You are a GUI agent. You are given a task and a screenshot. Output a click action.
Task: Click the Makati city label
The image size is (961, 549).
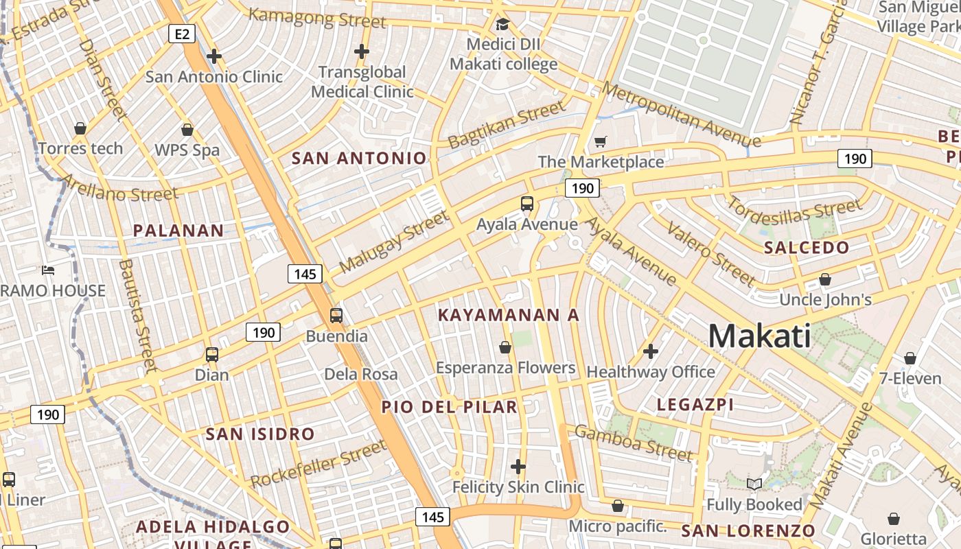pos(759,336)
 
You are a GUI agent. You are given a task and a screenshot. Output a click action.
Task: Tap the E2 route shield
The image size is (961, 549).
pos(181,33)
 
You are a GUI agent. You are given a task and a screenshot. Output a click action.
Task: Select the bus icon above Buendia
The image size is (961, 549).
pos(336,316)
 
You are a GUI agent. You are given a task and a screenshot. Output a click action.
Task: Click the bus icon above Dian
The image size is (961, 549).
pos(212,355)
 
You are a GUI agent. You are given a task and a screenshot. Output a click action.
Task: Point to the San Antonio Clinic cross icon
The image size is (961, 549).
pos(214,56)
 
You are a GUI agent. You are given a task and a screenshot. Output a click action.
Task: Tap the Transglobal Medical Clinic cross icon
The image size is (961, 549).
pos(362,51)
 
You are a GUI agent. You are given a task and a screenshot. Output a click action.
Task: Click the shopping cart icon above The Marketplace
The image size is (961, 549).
pos(601,142)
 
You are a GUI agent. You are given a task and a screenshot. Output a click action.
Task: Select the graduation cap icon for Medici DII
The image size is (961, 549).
pos(503,25)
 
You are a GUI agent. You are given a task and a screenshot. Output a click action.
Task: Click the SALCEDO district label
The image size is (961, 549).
pos(807,248)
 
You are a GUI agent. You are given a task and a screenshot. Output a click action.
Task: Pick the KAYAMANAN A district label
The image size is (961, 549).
pos(509,315)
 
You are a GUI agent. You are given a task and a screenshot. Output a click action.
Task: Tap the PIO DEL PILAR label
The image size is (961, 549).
pos(450,407)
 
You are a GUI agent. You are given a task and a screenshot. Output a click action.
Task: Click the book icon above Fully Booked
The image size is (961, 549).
pos(754,484)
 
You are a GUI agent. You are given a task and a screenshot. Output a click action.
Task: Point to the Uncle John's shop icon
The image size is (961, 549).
pos(825,280)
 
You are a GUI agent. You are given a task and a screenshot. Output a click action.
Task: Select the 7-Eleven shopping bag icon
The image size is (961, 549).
pos(910,358)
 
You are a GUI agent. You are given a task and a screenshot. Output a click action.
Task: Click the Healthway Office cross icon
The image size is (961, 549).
pos(650,352)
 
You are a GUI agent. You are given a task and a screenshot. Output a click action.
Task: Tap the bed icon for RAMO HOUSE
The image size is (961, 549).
pos(48,270)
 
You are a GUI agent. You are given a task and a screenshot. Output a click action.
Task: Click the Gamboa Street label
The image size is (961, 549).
pos(633,443)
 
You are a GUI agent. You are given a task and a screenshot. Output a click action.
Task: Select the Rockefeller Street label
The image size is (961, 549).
pos(319,465)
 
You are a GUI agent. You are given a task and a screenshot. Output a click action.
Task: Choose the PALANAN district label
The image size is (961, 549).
pos(178,231)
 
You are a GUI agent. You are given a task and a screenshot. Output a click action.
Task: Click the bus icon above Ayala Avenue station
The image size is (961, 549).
pos(527,204)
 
